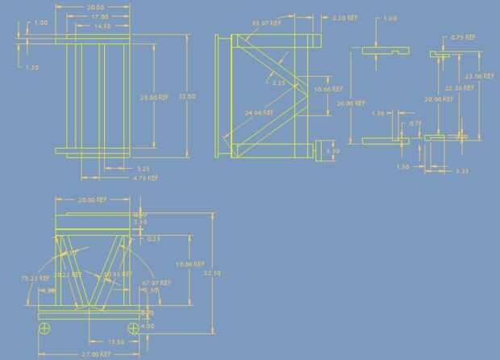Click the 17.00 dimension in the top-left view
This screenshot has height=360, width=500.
click(x=100, y=16)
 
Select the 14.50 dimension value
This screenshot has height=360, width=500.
click(x=102, y=26)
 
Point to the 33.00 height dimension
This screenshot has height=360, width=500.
click(x=187, y=96)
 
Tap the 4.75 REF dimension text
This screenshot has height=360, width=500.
click(x=144, y=178)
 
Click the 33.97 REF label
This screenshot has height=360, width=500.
click(x=266, y=23)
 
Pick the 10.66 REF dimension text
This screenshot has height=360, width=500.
click(x=328, y=88)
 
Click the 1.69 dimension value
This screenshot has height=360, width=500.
click(x=390, y=18)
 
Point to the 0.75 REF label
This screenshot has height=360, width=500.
click(x=462, y=36)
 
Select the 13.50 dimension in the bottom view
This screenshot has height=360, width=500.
click(x=115, y=341)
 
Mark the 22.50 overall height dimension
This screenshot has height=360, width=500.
click(x=212, y=273)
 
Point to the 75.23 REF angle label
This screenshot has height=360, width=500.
click(x=31, y=277)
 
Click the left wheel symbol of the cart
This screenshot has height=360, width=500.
click(x=45, y=328)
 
